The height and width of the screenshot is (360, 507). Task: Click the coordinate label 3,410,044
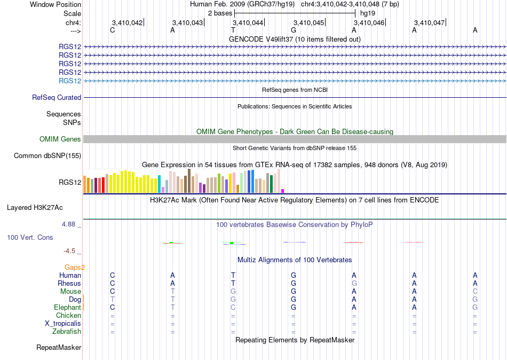coord(248,22)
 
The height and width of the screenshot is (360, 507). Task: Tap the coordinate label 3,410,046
coord(369,22)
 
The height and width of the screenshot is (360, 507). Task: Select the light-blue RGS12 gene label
coord(70,81)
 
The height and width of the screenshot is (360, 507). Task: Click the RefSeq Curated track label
coord(57,97)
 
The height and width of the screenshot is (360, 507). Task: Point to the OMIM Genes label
coord(60,139)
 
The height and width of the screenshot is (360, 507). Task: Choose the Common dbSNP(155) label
coord(47,156)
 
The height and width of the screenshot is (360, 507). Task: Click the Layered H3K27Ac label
coord(35,208)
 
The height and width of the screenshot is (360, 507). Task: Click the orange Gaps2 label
coord(75,268)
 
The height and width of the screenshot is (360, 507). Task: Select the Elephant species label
coord(67,307)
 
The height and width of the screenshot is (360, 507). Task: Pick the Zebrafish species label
coord(67,332)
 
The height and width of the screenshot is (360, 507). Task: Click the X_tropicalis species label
coord(63,324)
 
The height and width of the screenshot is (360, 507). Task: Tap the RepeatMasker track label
coord(59,347)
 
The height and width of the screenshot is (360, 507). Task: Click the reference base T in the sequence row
coord(233,30)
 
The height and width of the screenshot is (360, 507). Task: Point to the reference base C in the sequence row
coord(112,30)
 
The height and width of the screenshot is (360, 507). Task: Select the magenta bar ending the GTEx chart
coord(283,191)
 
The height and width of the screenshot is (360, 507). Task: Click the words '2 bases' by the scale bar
coord(220,13)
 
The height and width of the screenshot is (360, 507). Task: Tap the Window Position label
coord(56,4)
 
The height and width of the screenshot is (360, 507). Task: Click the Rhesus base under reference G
coord(294,283)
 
